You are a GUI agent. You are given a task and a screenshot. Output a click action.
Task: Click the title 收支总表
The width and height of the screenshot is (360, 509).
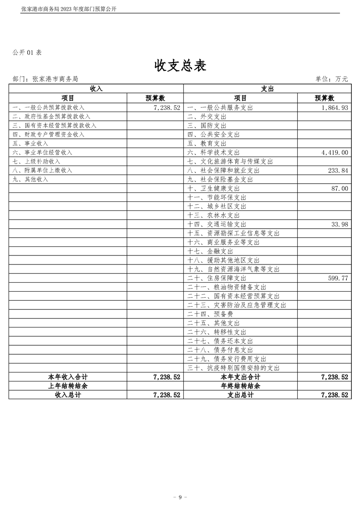click(x=180, y=66)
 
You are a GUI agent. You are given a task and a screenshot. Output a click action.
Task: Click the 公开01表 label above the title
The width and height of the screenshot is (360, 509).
click(x=27, y=53)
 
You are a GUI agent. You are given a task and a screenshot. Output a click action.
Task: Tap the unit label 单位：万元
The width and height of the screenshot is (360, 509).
click(x=331, y=79)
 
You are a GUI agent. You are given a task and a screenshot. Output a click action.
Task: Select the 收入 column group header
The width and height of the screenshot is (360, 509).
click(x=96, y=89)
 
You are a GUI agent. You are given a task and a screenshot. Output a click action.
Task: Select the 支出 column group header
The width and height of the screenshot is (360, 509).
click(x=267, y=89)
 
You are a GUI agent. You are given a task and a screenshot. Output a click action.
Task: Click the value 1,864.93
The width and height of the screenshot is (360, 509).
click(x=334, y=108)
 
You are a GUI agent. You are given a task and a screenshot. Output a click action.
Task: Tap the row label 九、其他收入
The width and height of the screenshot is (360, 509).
click(x=30, y=179)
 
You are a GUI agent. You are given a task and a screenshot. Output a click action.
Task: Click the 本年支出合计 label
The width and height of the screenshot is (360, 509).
click(x=240, y=377)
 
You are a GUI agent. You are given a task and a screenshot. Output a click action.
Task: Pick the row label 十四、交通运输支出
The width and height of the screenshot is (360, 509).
click(x=217, y=224)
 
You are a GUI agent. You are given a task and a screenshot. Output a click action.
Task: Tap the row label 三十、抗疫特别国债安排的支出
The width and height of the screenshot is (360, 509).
click(x=233, y=368)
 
